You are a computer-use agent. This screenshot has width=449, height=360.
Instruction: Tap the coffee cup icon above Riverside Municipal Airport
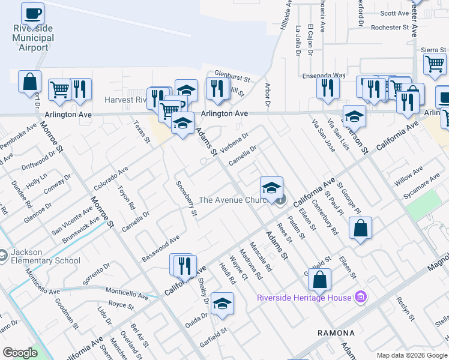(32, 12)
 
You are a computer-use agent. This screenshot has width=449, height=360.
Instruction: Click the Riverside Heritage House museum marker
(360, 296)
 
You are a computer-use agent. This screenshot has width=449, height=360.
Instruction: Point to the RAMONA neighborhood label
(336, 332)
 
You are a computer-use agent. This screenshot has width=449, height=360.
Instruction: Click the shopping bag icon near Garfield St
(321, 279)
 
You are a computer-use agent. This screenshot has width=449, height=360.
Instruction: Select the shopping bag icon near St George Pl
(360, 228)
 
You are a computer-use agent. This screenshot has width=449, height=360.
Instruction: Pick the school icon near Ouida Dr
(222, 303)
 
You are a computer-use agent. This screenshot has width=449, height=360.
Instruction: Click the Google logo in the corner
(20, 353)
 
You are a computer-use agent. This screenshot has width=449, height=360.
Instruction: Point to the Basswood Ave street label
(160, 248)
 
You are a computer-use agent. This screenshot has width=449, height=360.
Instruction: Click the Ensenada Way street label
(324, 76)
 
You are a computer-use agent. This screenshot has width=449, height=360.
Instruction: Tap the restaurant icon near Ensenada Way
(328, 88)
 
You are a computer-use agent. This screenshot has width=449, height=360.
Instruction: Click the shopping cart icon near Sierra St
(435, 63)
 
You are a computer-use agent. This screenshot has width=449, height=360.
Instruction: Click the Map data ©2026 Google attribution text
(412, 355)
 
